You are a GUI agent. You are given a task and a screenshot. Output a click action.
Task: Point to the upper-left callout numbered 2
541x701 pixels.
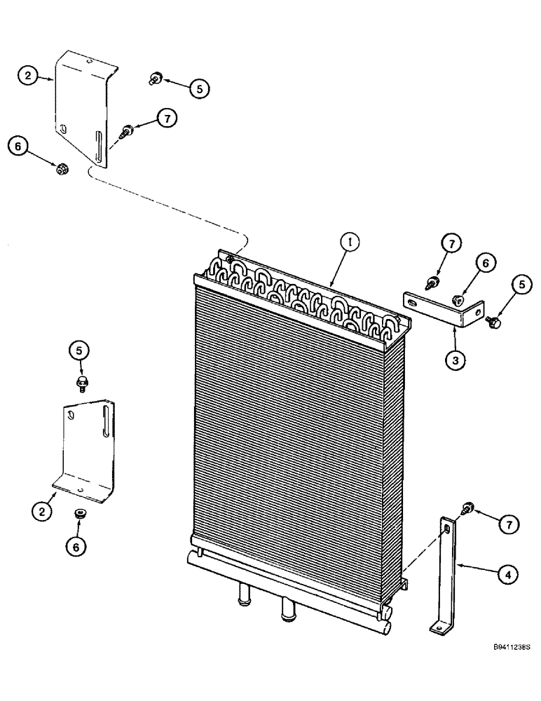28,76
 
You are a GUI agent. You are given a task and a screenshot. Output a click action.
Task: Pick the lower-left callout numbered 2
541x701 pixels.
42,512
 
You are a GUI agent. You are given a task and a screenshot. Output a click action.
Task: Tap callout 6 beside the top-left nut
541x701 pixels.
18,146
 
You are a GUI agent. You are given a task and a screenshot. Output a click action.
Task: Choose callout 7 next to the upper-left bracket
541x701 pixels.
165,119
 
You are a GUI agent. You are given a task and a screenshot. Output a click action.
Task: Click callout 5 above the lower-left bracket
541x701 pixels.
80,349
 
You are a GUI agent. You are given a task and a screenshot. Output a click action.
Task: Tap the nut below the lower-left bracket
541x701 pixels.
80,517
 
